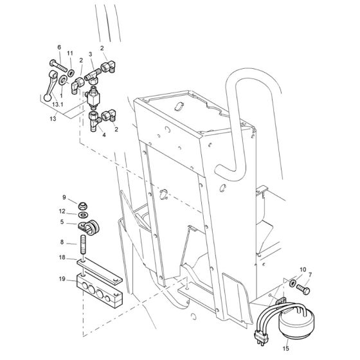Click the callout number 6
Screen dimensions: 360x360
(59, 48)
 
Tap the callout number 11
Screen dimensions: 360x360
(70, 53)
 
